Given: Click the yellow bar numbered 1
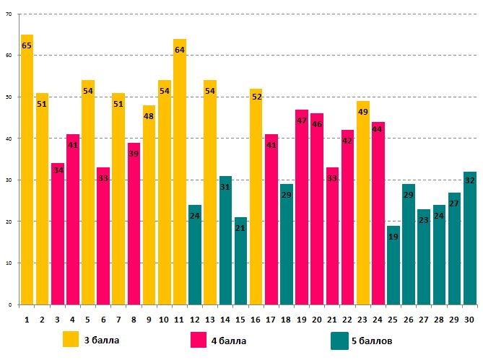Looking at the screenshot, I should click(x=27, y=173).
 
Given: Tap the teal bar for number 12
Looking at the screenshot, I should click(x=195, y=256).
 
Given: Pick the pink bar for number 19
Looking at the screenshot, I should click(x=302, y=209).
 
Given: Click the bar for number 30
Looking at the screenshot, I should click(x=469, y=238).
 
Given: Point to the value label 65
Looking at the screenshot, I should click(x=27, y=46).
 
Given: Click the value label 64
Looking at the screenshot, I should click(x=180, y=50).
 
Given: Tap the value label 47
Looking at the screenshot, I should click(x=302, y=121).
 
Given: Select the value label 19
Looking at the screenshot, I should click(x=393, y=237).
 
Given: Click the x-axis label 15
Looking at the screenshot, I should click(x=240, y=318).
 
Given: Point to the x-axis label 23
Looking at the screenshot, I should click(x=362, y=318).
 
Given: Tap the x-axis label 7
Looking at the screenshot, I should click(x=118, y=318).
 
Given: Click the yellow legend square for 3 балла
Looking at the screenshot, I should click(x=71, y=339).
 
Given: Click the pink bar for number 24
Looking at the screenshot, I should click(x=378, y=216).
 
